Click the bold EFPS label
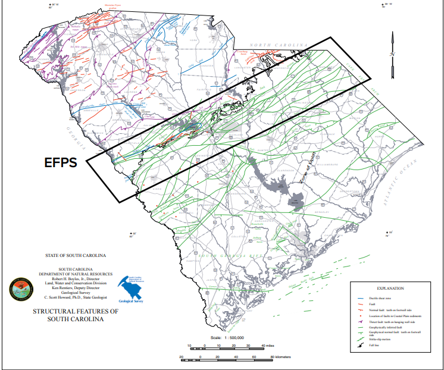[x=62, y=162]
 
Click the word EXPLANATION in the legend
[x=391, y=289]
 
